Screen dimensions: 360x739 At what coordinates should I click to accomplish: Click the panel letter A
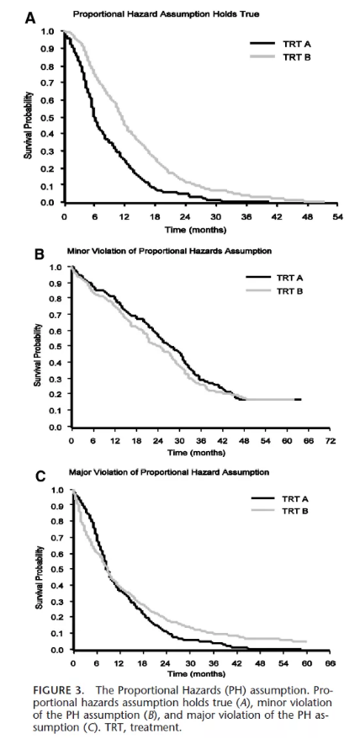(x=30, y=19)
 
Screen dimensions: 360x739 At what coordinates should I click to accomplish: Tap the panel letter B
(x=40, y=254)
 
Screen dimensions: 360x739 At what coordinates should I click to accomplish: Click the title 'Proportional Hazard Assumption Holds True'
(x=167, y=14)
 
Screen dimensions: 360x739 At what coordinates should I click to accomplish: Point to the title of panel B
(x=171, y=251)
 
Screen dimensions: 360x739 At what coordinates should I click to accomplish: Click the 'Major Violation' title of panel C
(x=169, y=472)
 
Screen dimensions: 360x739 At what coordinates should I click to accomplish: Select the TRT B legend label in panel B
(x=291, y=290)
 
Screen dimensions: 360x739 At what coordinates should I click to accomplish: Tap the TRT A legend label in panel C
(x=294, y=499)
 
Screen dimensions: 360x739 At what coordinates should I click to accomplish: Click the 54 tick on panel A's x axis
(x=337, y=217)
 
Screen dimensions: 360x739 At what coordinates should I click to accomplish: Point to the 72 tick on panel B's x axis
(x=331, y=442)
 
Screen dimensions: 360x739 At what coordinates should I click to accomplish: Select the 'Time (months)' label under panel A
(x=195, y=231)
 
